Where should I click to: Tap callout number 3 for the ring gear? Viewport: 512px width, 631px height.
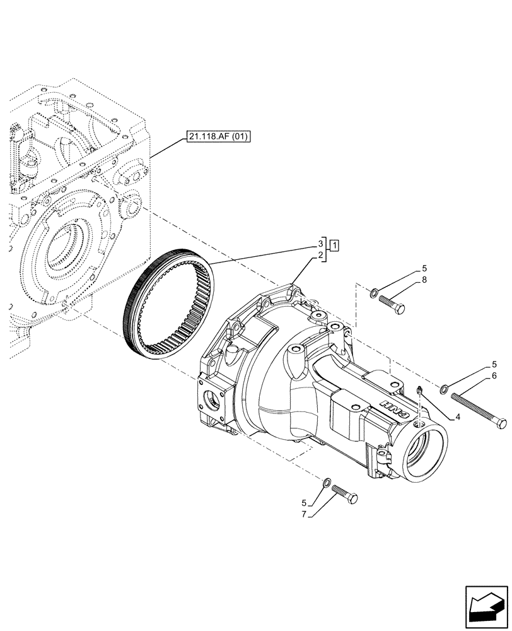320,244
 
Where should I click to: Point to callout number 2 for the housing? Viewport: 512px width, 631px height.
320,255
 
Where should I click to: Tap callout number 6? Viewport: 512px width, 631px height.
494,375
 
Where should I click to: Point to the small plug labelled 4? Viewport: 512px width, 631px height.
419,392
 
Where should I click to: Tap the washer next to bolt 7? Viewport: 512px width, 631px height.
327,483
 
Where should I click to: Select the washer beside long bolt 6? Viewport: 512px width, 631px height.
445,388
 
